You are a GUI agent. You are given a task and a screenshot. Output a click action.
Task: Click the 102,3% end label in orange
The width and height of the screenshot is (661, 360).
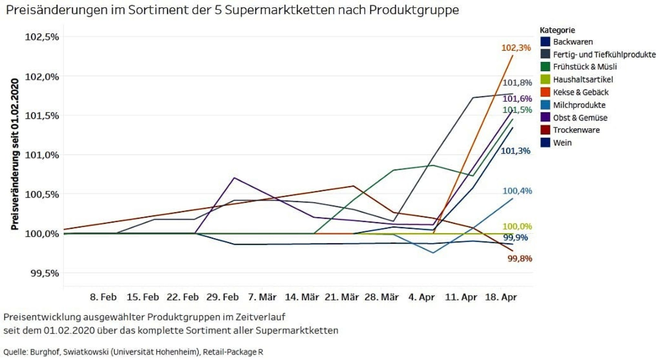[516, 48]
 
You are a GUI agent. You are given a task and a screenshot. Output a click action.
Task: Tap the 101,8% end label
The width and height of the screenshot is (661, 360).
[517, 83]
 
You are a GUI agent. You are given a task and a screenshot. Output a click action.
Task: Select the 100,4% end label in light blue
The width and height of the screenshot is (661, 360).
[517, 191]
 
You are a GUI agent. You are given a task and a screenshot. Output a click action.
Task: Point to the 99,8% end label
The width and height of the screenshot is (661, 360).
[520, 258]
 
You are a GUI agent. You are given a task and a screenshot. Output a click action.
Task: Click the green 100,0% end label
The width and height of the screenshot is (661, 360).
[517, 226]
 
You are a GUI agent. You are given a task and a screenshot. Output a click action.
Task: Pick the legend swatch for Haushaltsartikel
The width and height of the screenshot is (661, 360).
[545, 79]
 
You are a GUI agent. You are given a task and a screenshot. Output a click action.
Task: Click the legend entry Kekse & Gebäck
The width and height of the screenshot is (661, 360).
[581, 92]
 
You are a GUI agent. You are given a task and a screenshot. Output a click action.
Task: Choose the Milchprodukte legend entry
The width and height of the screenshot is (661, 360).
[579, 105]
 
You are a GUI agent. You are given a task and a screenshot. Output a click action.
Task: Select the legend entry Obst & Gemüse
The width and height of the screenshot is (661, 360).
[580, 118]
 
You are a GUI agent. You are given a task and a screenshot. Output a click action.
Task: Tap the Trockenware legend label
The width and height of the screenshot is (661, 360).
[576, 130]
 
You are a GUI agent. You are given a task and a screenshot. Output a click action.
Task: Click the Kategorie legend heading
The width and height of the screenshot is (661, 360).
[557, 30]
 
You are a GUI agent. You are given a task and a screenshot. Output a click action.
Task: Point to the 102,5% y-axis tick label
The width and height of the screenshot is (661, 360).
[42, 37]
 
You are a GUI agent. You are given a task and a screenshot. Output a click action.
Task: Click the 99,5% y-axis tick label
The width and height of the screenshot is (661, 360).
[45, 273]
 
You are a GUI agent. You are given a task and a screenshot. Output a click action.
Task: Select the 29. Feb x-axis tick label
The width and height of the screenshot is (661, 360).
[222, 297]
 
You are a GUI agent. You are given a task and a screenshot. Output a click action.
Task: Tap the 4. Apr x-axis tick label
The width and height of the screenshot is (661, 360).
[422, 297]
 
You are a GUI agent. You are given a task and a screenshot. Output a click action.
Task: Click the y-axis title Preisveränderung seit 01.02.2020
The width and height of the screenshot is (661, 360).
[15, 154]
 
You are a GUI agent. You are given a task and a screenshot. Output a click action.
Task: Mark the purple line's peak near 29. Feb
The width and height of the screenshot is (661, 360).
[234, 178]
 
